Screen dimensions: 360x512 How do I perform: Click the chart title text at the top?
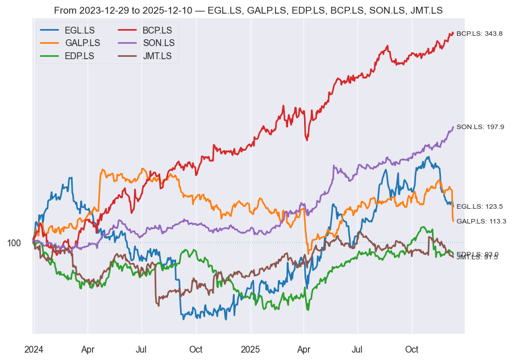pyautogui.click(x=248, y=10)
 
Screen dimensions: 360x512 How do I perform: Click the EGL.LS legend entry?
pyautogui.click(x=80, y=30)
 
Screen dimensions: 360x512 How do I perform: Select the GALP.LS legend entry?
pyautogui.click(x=82, y=43)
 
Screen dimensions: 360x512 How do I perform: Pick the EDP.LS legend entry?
pyautogui.click(x=80, y=56)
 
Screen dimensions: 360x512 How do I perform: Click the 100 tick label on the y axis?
pyautogui.click(x=14, y=243)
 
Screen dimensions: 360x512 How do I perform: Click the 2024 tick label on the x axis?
pyautogui.click(x=34, y=349)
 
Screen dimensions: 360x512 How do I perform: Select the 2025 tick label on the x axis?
pyautogui.click(x=250, y=349)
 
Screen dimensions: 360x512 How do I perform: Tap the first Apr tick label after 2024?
pyautogui.click(x=88, y=349)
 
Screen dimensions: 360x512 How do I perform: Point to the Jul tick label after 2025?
pyautogui.click(x=357, y=349)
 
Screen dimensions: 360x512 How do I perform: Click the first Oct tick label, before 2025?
pyautogui.click(x=196, y=349)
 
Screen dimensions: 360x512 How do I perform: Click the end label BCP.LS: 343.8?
pyautogui.click(x=480, y=34)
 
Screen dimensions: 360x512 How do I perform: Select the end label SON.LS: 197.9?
pyautogui.click(x=480, y=127)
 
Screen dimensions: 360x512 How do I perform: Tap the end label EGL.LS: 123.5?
pyautogui.click(x=480, y=206)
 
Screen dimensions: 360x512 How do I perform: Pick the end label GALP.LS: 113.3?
pyautogui.click(x=481, y=221)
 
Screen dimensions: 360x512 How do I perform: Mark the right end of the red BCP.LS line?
pyautogui.click(x=453, y=33)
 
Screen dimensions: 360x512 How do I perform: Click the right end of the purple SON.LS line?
pyautogui.click(x=453, y=127)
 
